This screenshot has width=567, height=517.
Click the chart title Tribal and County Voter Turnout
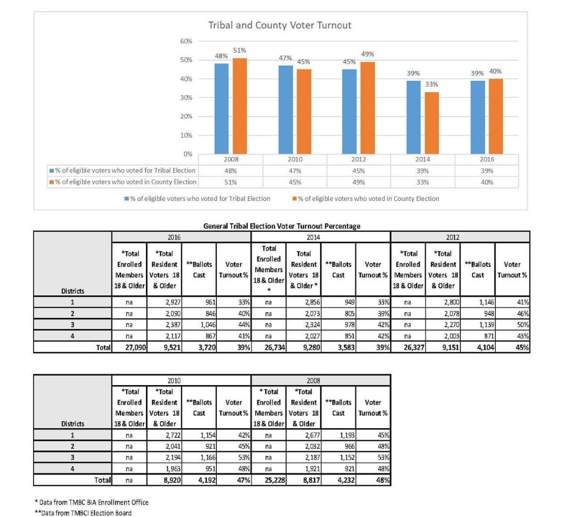pos(280,25)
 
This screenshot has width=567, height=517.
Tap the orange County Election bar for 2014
pos(432,123)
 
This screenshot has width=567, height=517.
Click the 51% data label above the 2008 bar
pos(240,50)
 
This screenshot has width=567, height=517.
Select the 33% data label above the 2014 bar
pos(432,84)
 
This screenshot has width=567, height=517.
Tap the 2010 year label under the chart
pos(295,159)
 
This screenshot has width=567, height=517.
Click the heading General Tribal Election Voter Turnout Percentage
pos(282,226)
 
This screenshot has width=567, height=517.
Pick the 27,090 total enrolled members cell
pos(129,347)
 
